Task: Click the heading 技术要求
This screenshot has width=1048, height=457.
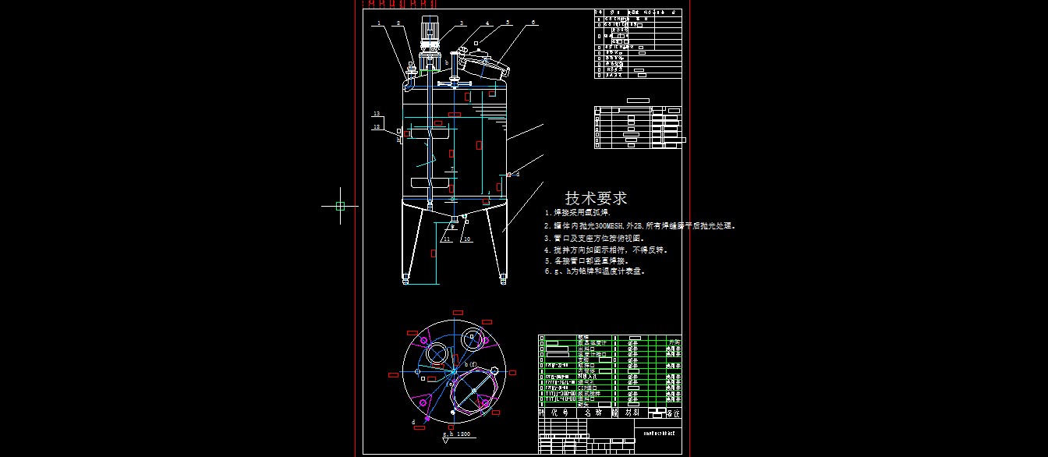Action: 596,198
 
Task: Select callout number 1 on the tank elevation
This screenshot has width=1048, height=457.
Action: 379,23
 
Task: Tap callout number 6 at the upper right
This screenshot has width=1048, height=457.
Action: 534,23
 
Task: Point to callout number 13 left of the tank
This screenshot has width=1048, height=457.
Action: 376,114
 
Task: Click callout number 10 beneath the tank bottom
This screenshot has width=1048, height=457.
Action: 467,239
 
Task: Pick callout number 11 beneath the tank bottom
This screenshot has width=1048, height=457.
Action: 447,239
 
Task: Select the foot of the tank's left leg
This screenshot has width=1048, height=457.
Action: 405,278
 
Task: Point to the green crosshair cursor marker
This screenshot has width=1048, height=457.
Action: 340,206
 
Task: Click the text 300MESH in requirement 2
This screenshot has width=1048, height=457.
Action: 599,226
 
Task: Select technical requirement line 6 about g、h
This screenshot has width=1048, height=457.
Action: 594,271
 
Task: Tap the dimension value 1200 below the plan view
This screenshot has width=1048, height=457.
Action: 462,434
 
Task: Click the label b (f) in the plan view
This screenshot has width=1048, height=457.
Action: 470,364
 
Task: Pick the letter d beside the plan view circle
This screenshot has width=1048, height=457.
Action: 413,422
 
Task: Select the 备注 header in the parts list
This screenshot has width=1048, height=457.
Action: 673,412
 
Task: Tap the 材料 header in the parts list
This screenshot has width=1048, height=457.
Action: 632,412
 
